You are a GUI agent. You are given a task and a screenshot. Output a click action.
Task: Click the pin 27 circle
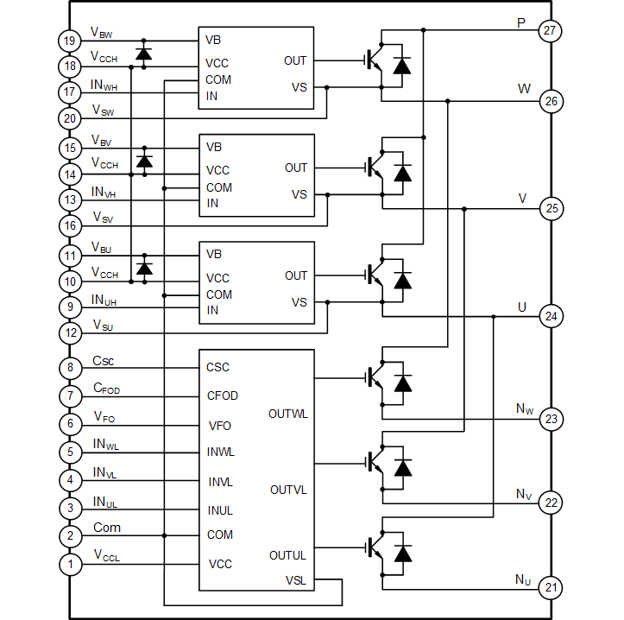(x=550, y=30)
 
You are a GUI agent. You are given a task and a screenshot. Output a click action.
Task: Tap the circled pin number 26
(x=550, y=102)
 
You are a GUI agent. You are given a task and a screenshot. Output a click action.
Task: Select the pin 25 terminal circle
(x=550, y=208)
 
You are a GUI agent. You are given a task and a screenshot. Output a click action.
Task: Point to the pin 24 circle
(x=550, y=313)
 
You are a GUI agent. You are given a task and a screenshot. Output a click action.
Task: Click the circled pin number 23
(x=550, y=417)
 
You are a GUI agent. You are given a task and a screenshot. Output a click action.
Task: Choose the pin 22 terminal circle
(x=550, y=502)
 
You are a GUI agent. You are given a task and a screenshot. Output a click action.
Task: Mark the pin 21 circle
(x=550, y=588)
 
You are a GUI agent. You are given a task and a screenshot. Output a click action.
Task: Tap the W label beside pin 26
(x=523, y=86)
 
